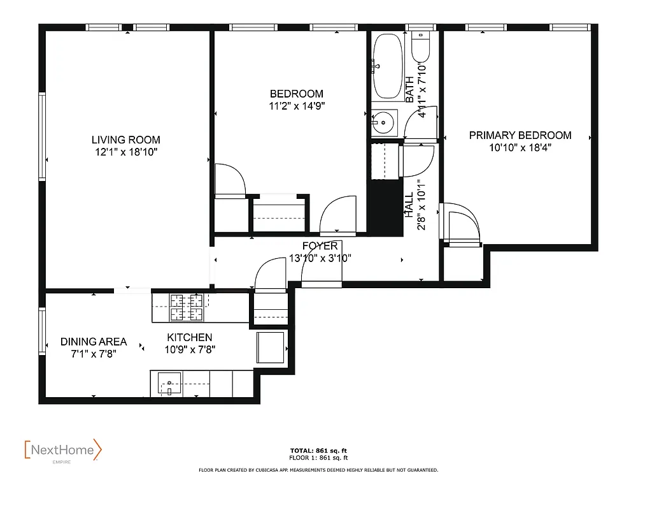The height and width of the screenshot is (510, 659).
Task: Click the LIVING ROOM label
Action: [x=125, y=140]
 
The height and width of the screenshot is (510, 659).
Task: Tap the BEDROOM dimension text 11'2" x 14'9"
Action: [x=296, y=106]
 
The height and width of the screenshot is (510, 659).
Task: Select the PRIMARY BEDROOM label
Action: [x=520, y=135]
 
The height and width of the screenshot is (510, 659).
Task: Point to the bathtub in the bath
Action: [x=387, y=66]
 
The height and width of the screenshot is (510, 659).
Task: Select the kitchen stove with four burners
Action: [x=186, y=308]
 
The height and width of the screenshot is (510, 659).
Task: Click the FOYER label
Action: [x=320, y=246]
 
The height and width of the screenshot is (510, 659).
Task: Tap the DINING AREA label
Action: [x=94, y=342]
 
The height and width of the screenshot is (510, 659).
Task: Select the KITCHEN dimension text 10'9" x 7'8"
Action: [x=190, y=349]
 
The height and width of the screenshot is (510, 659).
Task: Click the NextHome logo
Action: [x=62, y=451]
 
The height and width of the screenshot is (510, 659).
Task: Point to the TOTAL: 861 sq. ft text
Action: [x=318, y=451]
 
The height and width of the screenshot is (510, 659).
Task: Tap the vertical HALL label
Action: [x=409, y=206]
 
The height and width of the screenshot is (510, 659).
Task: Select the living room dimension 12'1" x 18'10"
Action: [x=125, y=152]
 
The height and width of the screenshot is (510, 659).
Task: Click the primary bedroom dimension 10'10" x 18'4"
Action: [x=520, y=147]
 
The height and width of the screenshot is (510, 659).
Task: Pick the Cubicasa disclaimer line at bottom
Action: [x=318, y=470]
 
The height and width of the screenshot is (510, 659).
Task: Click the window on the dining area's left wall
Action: [x=42, y=330]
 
